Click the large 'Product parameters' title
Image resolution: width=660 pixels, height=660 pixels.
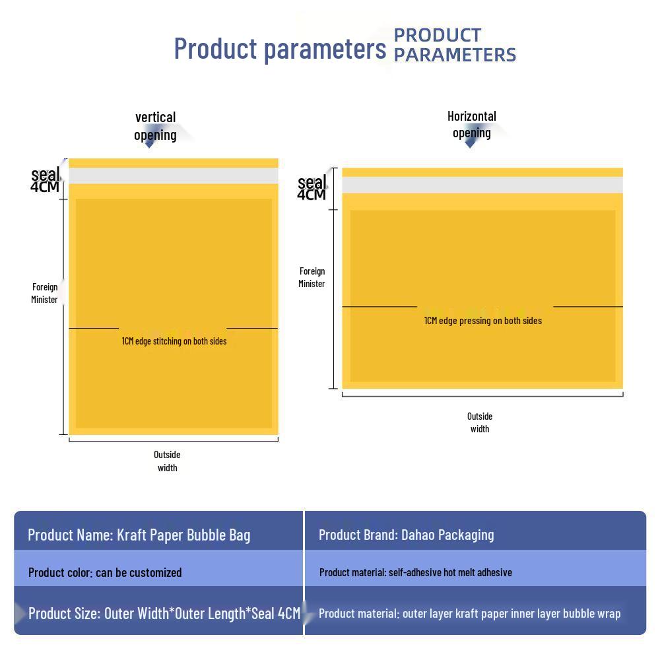279,48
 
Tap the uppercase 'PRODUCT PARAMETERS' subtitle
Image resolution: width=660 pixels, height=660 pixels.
455,45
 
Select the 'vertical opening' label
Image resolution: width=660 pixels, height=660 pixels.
155,126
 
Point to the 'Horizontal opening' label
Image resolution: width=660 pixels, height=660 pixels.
471,124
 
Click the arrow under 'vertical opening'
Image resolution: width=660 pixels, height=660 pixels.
150,143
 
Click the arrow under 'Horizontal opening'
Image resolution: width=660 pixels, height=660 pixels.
470,143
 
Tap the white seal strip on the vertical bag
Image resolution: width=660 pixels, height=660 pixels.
174,176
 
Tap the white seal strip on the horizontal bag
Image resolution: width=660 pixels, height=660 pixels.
482,185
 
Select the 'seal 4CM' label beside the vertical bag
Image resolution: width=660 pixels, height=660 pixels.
45,180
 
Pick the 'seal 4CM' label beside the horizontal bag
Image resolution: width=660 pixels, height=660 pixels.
312,187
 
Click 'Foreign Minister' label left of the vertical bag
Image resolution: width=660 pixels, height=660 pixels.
45,293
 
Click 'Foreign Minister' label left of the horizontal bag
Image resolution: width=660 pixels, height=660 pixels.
312,277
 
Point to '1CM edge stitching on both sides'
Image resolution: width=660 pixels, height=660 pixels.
174,341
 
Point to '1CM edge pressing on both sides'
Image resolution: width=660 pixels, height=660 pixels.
482,321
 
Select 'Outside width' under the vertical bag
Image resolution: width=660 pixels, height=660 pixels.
167,461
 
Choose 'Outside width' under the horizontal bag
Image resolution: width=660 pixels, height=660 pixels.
480,422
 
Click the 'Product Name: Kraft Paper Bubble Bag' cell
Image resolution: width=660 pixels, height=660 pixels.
139,535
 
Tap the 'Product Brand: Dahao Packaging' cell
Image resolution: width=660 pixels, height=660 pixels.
406,535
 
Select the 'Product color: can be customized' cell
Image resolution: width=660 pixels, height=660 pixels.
105,572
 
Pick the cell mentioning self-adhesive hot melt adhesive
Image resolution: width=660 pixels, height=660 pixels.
416,572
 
